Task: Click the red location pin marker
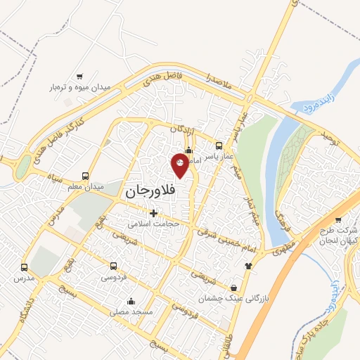(x=180, y=165)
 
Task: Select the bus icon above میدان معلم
(x=85, y=176)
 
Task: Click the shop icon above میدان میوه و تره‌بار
(x=79, y=77)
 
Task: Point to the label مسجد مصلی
(x=131, y=311)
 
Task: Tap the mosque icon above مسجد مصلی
(x=131, y=301)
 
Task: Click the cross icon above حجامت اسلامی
(x=153, y=213)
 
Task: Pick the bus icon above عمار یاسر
(x=219, y=146)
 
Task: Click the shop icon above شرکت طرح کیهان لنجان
(x=338, y=220)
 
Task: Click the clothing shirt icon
(x=247, y=266)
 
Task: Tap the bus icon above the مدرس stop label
(x=25, y=268)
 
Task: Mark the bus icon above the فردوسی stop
(x=114, y=266)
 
